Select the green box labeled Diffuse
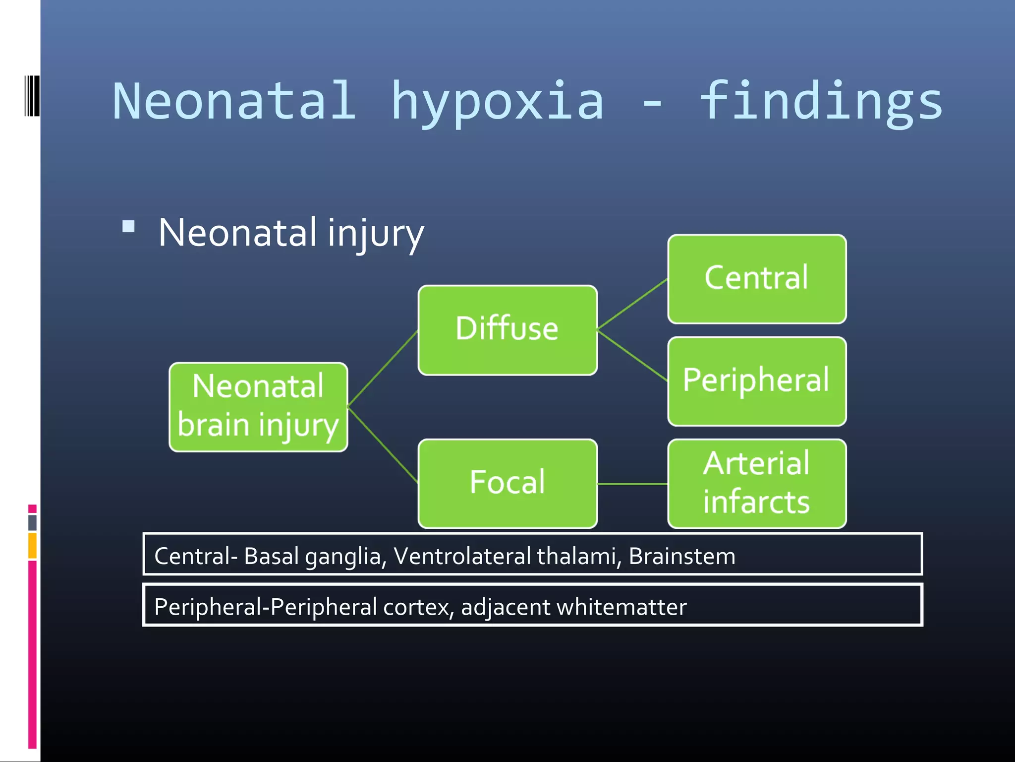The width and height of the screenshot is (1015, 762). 507,330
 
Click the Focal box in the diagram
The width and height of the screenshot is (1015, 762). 507,483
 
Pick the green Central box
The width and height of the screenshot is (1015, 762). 756,279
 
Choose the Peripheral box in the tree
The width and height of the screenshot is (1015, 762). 756,381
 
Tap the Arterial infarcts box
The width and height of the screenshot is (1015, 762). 756,483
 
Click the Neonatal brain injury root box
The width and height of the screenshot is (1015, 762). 258,407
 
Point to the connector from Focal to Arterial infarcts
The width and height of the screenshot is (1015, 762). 632,484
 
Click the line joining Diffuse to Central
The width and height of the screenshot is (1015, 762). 632,304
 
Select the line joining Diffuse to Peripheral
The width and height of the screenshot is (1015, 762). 632,356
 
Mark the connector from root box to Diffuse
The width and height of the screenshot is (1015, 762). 383,369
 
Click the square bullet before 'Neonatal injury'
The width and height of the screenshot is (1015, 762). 128,227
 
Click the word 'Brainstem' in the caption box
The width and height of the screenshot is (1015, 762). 681,556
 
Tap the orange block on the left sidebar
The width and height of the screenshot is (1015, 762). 32,546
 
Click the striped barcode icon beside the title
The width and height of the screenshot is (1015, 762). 32,96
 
